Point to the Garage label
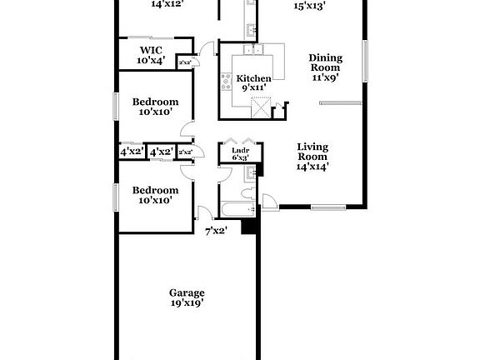[x=187, y=292]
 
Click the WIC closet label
[x=152, y=49]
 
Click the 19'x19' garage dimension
[x=187, y=303]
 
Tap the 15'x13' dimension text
[x=310, y=6]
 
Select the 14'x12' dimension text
[x=167, y=4]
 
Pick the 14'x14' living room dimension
[x=313, y=165]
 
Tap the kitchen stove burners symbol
[x=224, y=82]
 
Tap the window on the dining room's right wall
[x=365, y=59]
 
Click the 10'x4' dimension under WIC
[x=152, y=59]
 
